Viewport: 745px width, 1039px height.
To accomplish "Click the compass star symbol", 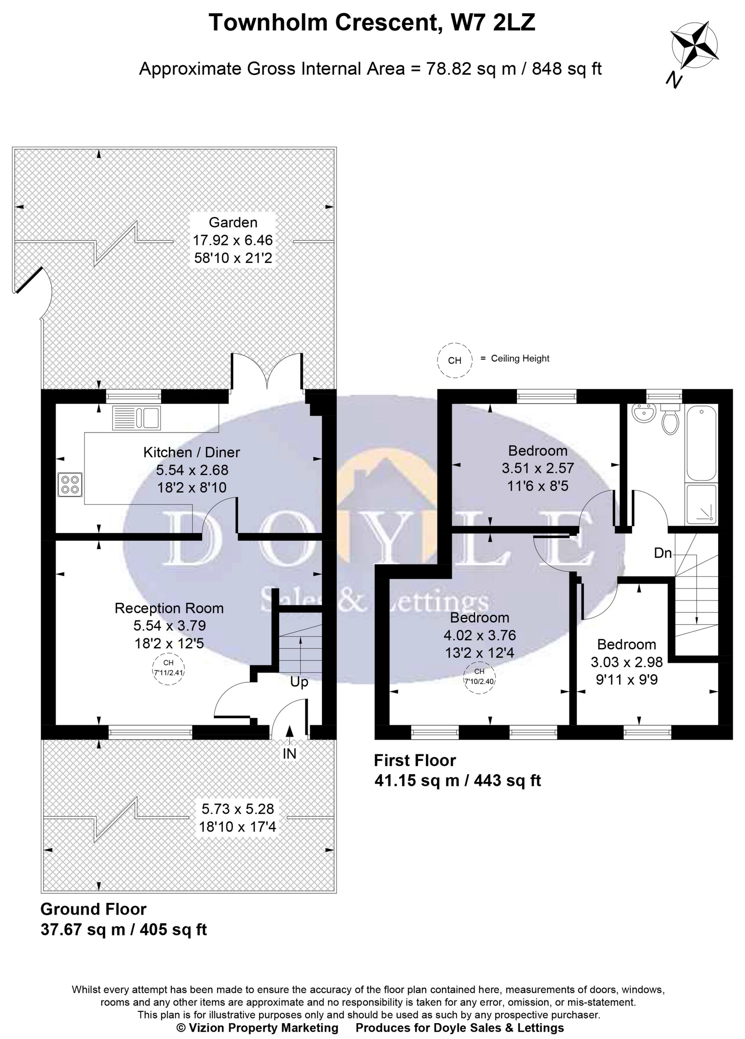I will tap(694, 46).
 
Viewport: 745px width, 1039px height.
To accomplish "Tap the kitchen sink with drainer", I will tap(136, 417).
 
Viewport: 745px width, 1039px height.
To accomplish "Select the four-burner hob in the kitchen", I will tap(70, 484).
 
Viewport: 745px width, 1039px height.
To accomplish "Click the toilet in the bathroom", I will tap(670, 420).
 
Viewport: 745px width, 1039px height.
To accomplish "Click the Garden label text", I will tap(233, 223).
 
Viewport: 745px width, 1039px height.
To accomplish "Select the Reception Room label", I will tap(169, 608).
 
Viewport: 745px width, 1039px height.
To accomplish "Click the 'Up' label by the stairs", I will tap(299, 682).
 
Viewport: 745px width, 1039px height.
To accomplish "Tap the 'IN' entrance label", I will tap(289, 754).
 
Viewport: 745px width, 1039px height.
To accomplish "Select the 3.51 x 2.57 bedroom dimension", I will tap(538, 468).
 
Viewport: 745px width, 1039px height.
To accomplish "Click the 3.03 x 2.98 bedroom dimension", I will tap(626, 662).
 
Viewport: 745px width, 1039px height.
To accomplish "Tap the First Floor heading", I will tap(415, 761).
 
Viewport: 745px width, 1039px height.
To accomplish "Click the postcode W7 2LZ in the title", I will tap(493, 22).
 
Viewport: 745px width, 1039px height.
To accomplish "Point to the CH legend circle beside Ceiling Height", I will tap(454, 360).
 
